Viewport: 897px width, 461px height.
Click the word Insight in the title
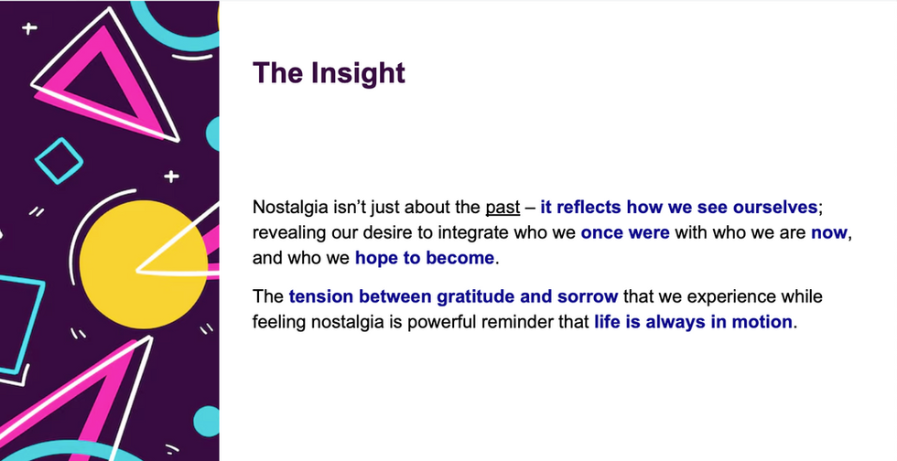[358, 73]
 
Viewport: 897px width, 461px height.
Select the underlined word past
[503, 208]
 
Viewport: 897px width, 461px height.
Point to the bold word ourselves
[775, 207]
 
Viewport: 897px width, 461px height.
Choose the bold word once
[600, 233]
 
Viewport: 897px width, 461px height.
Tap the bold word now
[829, 233]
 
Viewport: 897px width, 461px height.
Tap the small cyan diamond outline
[59, 161]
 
